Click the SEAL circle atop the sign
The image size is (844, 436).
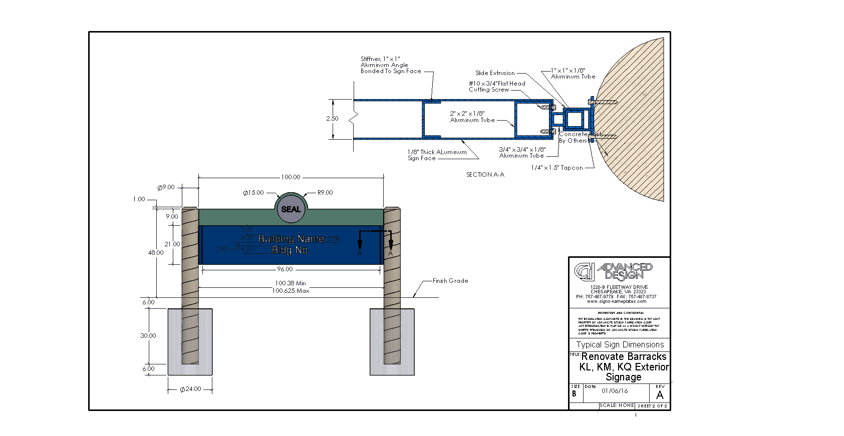291,209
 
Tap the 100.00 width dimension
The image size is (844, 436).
291,177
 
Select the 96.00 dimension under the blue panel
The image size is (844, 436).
285,269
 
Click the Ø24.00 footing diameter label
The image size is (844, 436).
191,389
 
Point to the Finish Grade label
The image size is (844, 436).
450,281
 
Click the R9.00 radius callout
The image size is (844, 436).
325,193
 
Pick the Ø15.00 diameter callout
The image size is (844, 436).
253,193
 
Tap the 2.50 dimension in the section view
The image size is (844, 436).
332,119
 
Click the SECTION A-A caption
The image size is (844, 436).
485,175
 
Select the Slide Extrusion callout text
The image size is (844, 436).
495,73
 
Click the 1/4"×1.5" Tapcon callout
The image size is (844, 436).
557,168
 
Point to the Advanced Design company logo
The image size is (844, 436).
613,271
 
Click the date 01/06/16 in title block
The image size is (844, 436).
615,391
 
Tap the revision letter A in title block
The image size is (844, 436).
660,395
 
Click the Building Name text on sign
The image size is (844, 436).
291,239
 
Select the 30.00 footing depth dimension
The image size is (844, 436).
148,336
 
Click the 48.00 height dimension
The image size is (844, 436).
156,253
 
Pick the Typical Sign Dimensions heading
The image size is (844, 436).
620,344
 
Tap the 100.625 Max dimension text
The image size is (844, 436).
291,291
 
